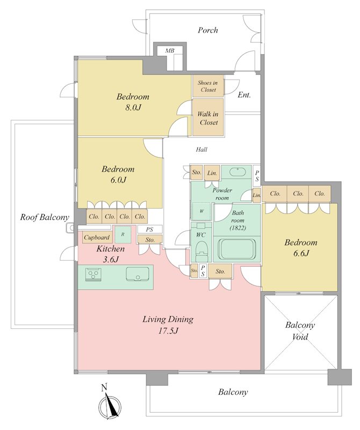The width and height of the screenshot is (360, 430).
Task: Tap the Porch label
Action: tap(208, 30)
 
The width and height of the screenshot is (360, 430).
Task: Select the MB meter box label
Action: tap(169, 51)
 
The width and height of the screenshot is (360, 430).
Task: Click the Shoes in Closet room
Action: tap(208, 86)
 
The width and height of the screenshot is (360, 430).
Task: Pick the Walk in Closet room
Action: tap(208, 117)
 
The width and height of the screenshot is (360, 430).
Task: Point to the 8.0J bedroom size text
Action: tap(133, 107)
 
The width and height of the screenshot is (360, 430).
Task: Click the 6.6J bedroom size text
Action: tap(301, 253)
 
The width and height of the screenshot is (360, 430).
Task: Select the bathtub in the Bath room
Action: tap(237, 249)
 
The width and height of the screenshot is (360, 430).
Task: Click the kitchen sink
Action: tap(138, 274)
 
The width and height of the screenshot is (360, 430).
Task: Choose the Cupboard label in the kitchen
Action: tap(97, 238)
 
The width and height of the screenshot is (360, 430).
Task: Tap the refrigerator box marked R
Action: tap(123, 234)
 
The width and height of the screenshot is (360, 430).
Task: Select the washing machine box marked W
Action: tap(201, 211)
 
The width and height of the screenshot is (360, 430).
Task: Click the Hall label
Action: tap(201, 149)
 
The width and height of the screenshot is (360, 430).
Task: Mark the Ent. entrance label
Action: tap(244, 95)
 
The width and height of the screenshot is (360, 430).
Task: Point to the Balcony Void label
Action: tap(300, 331)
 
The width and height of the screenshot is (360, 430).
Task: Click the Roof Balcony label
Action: tap(45, 217)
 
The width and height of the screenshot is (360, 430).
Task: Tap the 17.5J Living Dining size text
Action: tap(168, 331)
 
